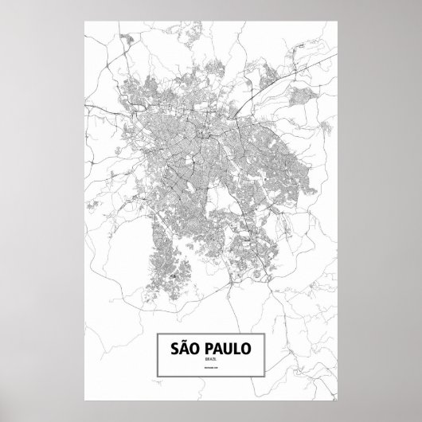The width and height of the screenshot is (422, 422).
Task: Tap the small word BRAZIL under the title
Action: [210, 362]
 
